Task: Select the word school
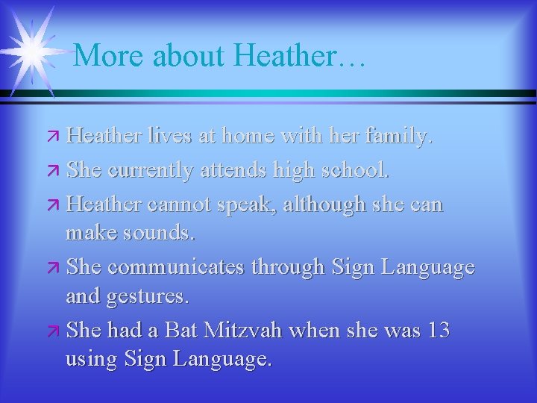(354, 171)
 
